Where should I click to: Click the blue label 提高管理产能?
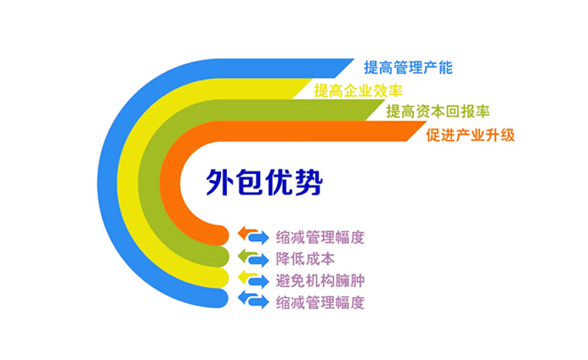(408, 67)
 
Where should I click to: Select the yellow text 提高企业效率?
(358, 90)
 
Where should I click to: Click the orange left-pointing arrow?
(248, 230)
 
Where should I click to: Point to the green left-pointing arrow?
(248, 253)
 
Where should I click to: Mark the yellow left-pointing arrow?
(248, 275)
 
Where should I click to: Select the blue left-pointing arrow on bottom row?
(248, 296)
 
